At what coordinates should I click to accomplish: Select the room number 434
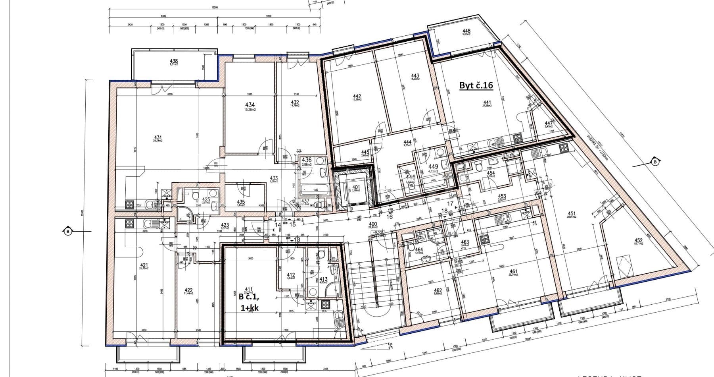tap(250, 105)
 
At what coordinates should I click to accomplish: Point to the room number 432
tap(294, 102)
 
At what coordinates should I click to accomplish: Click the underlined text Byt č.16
tap(476, 85)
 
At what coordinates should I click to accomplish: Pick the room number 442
tap(357, 97)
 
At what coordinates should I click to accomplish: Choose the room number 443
tap(415, 76)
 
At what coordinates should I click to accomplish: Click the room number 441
tap(487, 102)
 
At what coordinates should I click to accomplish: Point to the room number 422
tap(188, 290)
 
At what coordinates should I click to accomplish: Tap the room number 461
tap(514, 272)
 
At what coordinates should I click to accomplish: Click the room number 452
tap(638, 240)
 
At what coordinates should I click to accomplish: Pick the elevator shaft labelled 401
tap(356, 188)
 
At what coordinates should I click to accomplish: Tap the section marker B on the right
tap(654, 161)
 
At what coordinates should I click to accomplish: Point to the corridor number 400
tap(373, 224)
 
